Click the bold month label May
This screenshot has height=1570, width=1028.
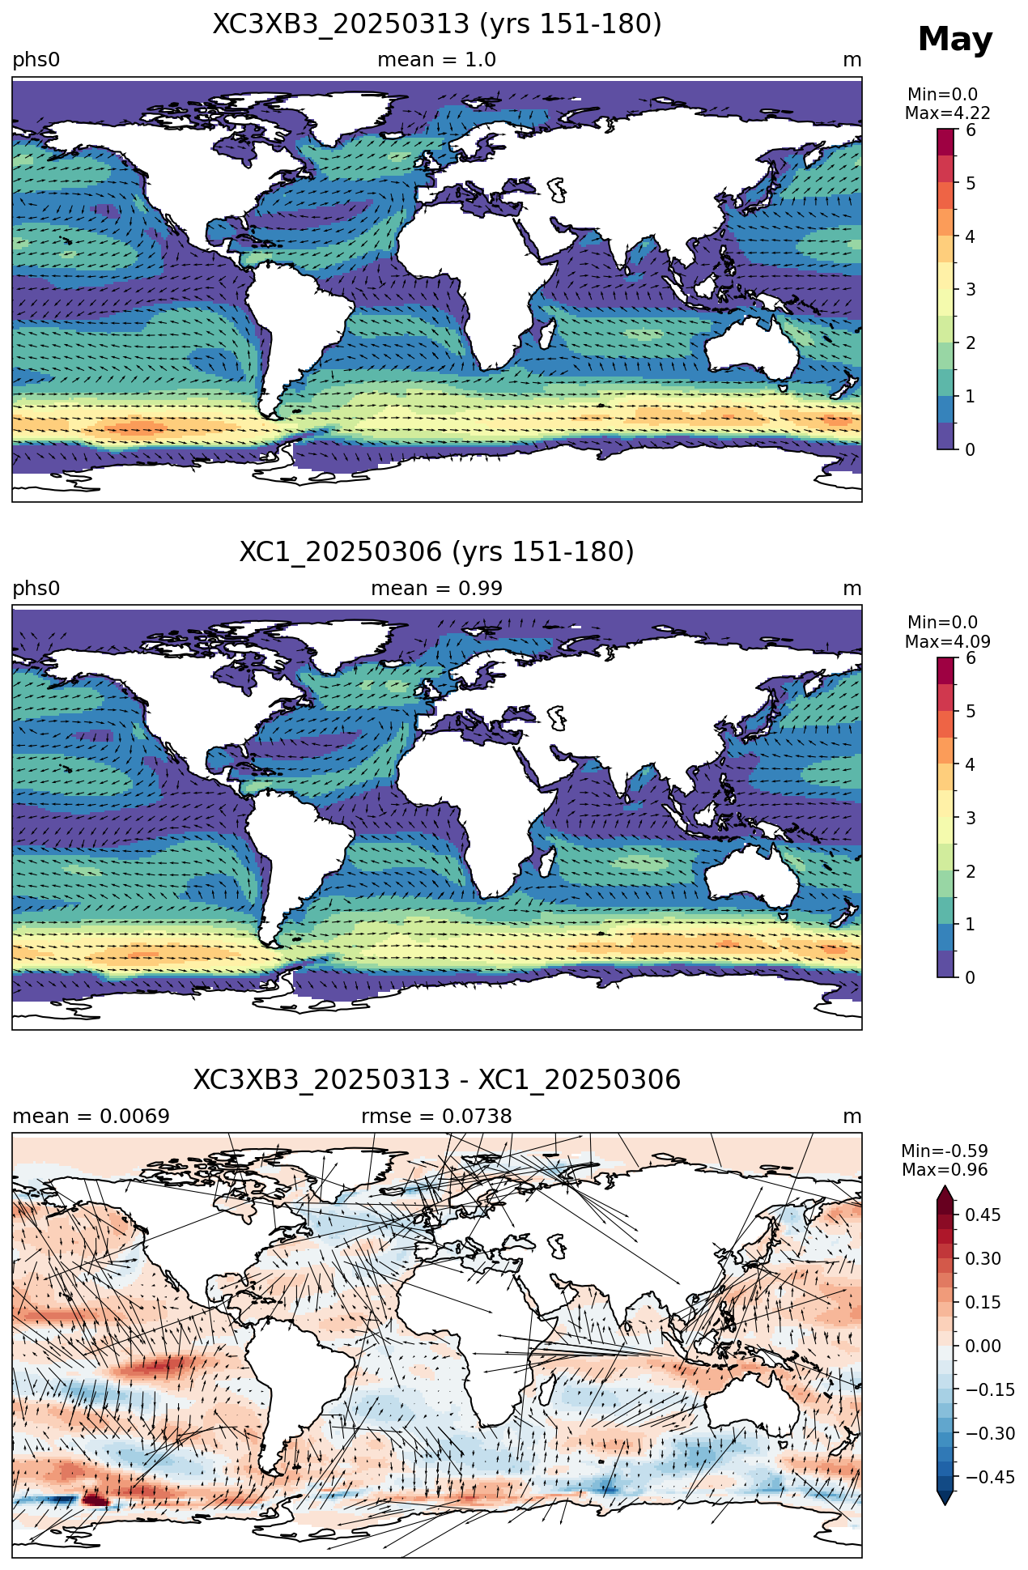(x=954, y=40)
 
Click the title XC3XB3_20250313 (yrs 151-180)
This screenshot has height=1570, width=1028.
(x=437, y=24)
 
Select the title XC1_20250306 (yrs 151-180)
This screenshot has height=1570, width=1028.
(x=437, y=552)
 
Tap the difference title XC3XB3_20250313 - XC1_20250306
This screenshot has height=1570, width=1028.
(x=437, y=1080)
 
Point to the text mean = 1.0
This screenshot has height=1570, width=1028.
(x=437, y=60)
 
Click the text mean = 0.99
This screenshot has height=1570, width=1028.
(x=437, y=589)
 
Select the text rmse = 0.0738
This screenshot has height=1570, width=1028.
(x=437, y=1117)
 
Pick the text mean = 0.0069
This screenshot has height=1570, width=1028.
(x=91, y=1117)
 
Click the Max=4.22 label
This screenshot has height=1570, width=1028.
(x=948, y=113)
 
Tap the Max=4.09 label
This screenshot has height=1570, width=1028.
(x=948, y=642)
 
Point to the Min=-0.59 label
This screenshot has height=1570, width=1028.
(x=945, y=1151)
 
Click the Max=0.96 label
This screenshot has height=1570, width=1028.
(x=945, y=1170)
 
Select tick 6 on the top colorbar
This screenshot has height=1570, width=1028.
(x=971, y=130)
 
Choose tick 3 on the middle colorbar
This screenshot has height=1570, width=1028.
(x=971, y=818)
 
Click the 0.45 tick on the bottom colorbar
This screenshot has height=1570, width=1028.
(x=983, y=1215)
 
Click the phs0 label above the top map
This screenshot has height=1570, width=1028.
(x=36, y=60)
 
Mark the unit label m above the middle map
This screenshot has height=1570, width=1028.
(x=852, y=589)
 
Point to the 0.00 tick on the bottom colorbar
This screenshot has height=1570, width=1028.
(x=983, y=1346)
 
